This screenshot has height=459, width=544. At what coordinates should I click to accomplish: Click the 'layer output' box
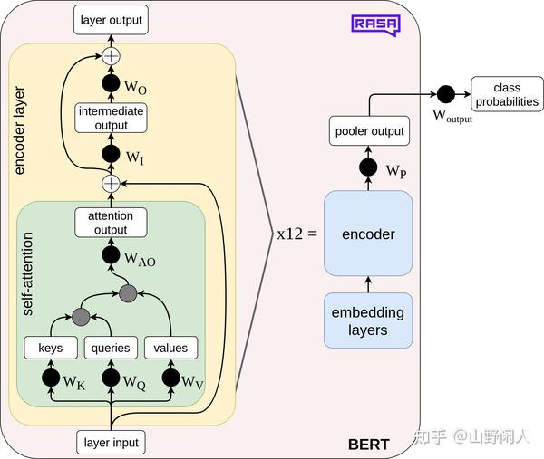(x=111, y=20)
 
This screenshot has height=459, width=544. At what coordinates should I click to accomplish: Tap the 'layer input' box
(x=111, y=443)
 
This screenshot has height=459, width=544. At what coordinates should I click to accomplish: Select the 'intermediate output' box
(x=111, y=118)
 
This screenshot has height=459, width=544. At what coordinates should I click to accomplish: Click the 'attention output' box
(x=111, y=223)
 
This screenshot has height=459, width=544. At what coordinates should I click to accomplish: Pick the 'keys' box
(x=51, y=348)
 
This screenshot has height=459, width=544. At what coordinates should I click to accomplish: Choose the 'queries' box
(x=111, y=348)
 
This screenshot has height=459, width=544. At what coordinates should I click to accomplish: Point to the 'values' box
(x=170, y=348)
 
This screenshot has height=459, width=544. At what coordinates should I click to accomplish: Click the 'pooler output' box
(x=369, y=131)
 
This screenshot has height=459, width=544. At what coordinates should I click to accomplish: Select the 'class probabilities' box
(x=507, y=94)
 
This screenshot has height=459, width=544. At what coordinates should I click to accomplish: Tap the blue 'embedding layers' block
(x=368, y=320)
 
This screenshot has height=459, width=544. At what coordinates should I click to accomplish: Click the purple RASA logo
(x=375, y=25)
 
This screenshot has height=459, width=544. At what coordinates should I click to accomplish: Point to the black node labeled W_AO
(x=111, y=255)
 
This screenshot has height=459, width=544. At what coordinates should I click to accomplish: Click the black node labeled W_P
(x=368, y=167)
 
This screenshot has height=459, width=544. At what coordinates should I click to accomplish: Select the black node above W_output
(x=446, y=94)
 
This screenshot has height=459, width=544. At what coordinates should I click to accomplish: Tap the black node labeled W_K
(x=51, y=378)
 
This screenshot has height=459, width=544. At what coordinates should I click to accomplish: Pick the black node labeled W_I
(x=111, y=154)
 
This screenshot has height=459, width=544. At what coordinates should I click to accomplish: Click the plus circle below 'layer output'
(x=111, y=56)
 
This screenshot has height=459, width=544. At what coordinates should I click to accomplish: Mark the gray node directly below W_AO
(x=128, y=293)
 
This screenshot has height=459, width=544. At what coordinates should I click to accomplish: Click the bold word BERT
(x=368, y=445)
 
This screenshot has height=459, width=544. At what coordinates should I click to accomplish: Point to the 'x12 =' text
(x=297, y=234)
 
